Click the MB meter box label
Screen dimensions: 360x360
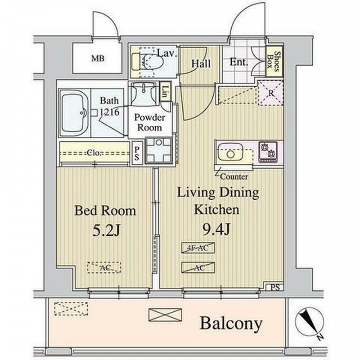(x=98, y=58)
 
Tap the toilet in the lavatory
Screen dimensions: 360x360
(x=148, y=62)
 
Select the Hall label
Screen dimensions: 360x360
(x=201, y=63)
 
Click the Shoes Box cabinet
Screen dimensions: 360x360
(x=274, y=62)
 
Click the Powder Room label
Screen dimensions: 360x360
(x=150, y=122)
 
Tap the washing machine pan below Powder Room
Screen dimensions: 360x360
(x=159, y=151)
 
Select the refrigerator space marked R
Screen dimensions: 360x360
(x=270, y=93)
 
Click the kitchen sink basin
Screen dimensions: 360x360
(x=230, y=152)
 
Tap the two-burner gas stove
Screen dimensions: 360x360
(x=268, y=152)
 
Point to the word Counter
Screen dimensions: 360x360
(x=234, y=177)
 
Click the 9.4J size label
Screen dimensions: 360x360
(x=216, y=229)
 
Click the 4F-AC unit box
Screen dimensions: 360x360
(x=198, y=248)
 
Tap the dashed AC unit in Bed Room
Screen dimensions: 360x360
(x=104, y=267)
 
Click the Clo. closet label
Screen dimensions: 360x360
(x=94, y=153)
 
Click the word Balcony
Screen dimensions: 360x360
(x=231, y=324)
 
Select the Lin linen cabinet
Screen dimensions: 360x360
(x=166, y=91)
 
